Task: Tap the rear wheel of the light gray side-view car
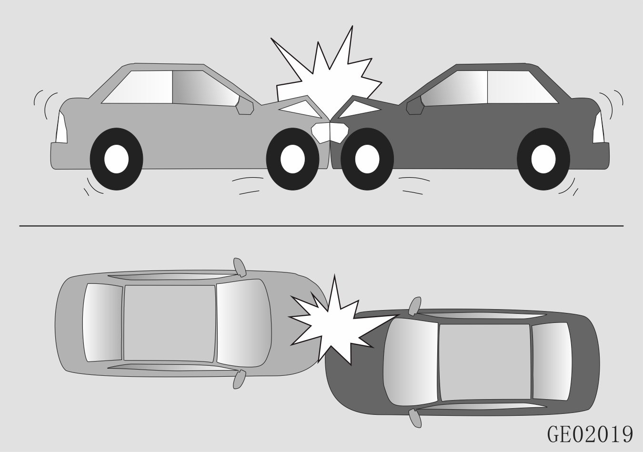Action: [x=117, y=159]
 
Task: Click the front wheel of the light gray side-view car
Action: [x=292, y=159]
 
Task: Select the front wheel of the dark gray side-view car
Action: [x=367, y=159]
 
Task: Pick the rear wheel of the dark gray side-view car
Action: [x=543, y=159]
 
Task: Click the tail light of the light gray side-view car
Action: [x=61, y=127]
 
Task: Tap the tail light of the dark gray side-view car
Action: [x=599, y=127]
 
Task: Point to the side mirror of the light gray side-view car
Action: [x=244, y=107]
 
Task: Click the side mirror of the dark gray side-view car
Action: [x=415, y=107]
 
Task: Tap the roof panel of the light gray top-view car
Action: [x=170, y=323]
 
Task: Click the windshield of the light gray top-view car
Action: [x=243, y=323]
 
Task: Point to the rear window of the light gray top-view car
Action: [x=103, y=322]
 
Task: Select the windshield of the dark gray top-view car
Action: [x=411, y=362]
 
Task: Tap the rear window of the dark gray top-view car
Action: [x=552, y=362]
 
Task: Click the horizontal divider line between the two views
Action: [x=321, y=226]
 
